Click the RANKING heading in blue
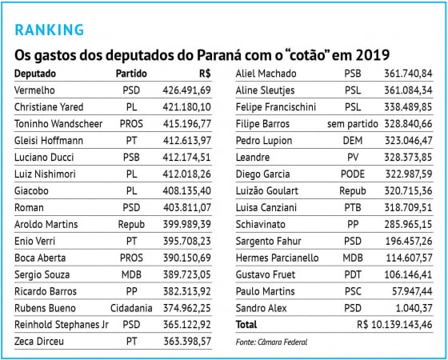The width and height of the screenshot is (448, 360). click(50, 30)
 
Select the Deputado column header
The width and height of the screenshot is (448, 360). click(35, 74)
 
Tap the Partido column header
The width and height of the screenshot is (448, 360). click(131, 74)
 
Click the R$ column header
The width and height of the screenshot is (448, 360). click(205, 74)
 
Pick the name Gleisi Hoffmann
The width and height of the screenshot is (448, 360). click(49, 141)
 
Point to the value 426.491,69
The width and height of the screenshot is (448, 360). click(187, 90)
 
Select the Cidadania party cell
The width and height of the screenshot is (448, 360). click(131, 308)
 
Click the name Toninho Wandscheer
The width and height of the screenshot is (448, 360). click(58, 124)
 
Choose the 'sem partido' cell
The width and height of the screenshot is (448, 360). click(353, 124)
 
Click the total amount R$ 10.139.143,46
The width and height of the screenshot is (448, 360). click(394, 325)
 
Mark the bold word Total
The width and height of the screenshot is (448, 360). click(246, 325)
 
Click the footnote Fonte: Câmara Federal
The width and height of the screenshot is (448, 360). click(271, 342)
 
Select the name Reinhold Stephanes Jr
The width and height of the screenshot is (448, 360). click(62, 325)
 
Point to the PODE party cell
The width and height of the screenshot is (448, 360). click(353, 174)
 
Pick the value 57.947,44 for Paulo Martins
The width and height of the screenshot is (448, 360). click(412, 291)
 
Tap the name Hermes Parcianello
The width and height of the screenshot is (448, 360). click(277, 258)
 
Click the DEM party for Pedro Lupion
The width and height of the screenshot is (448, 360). click(353, 141)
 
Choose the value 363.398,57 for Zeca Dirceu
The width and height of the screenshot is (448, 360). click(187, 342)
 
